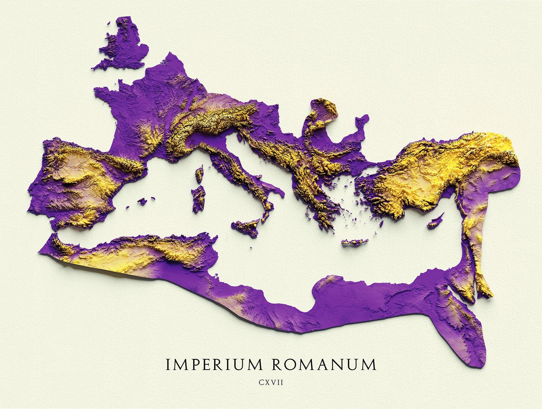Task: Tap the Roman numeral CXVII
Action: coord(271,383)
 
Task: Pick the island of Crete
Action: coord(355,242)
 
